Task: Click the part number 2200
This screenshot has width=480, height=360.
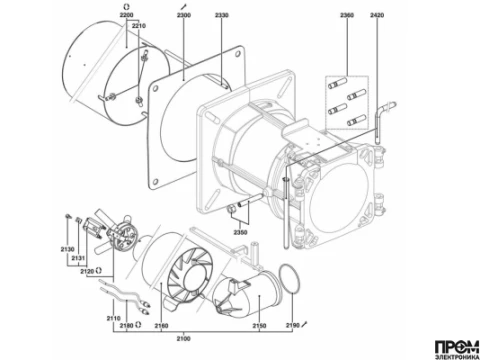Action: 126,15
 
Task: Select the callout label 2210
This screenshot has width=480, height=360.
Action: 139,26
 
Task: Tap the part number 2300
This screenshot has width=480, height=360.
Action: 184,15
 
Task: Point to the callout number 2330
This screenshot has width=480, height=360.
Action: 222,15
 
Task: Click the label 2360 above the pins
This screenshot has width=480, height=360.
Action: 347,15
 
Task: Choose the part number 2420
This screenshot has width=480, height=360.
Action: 377,15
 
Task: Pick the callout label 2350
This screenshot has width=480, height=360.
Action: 240,232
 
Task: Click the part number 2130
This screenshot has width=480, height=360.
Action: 67,249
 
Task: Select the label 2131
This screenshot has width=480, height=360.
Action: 78,258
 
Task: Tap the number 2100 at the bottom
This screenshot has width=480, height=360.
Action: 183,339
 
